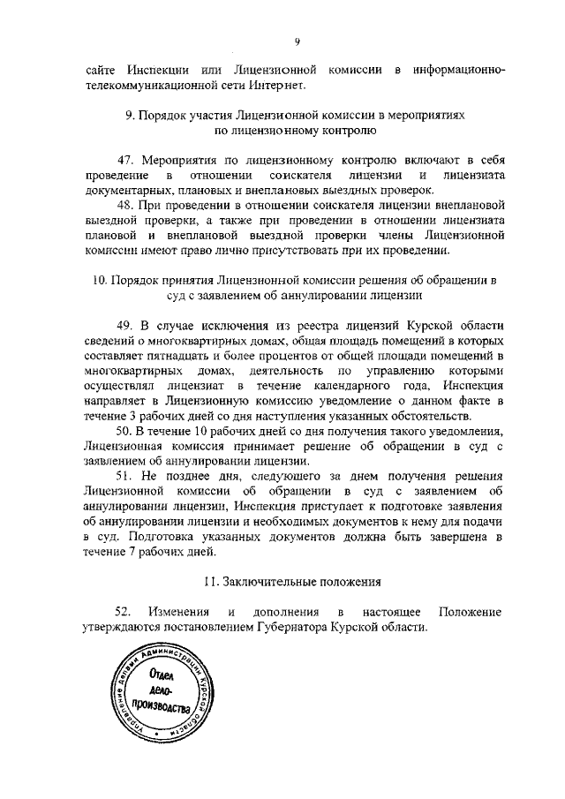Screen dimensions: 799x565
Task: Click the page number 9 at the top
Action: tap(298, 41)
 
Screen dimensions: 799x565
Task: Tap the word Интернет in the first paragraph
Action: tap(278, 86)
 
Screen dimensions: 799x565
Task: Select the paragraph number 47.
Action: tap(125, 160)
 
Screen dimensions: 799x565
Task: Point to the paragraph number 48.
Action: tap(125, 206)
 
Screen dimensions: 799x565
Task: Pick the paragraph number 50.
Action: tap(125, 431)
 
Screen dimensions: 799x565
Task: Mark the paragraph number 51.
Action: tap(125, 477)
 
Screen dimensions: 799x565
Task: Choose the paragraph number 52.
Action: tap(124, 612)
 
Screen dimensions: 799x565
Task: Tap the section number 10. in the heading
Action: tap(101, 281)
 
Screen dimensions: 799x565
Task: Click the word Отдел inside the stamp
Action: tap(162, 678)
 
